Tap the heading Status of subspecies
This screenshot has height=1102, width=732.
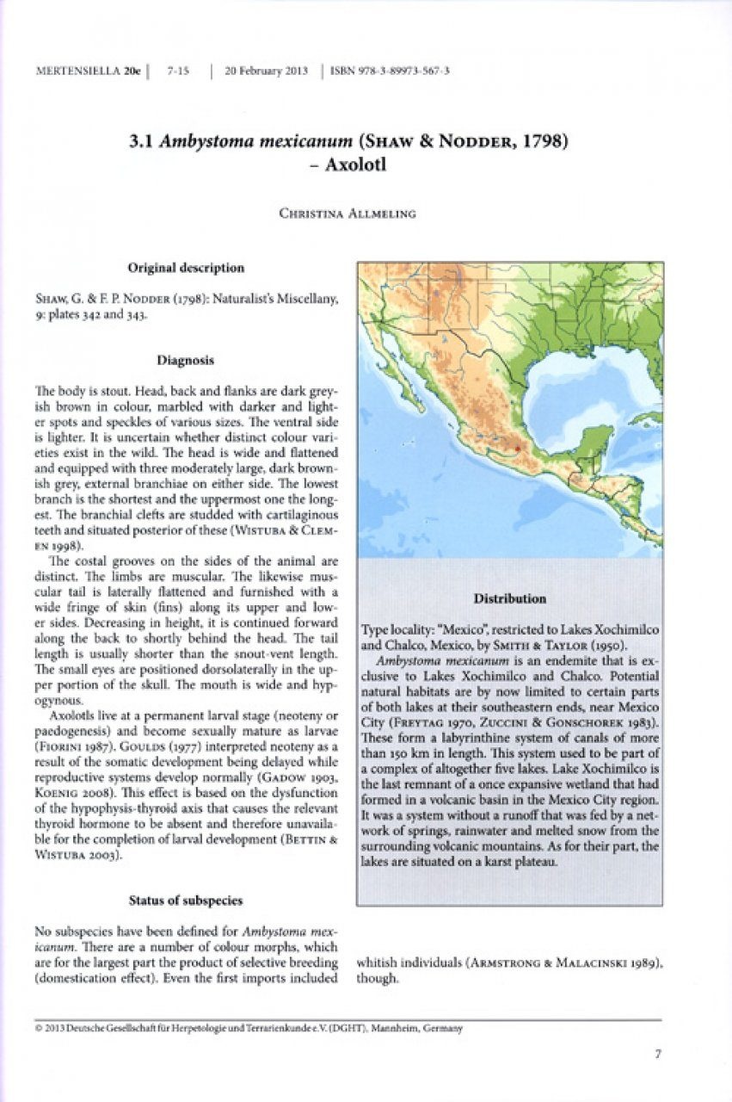point(185,900)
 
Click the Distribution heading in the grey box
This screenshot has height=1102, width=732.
point(509,598)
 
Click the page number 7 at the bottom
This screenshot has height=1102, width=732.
point(657,1052)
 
